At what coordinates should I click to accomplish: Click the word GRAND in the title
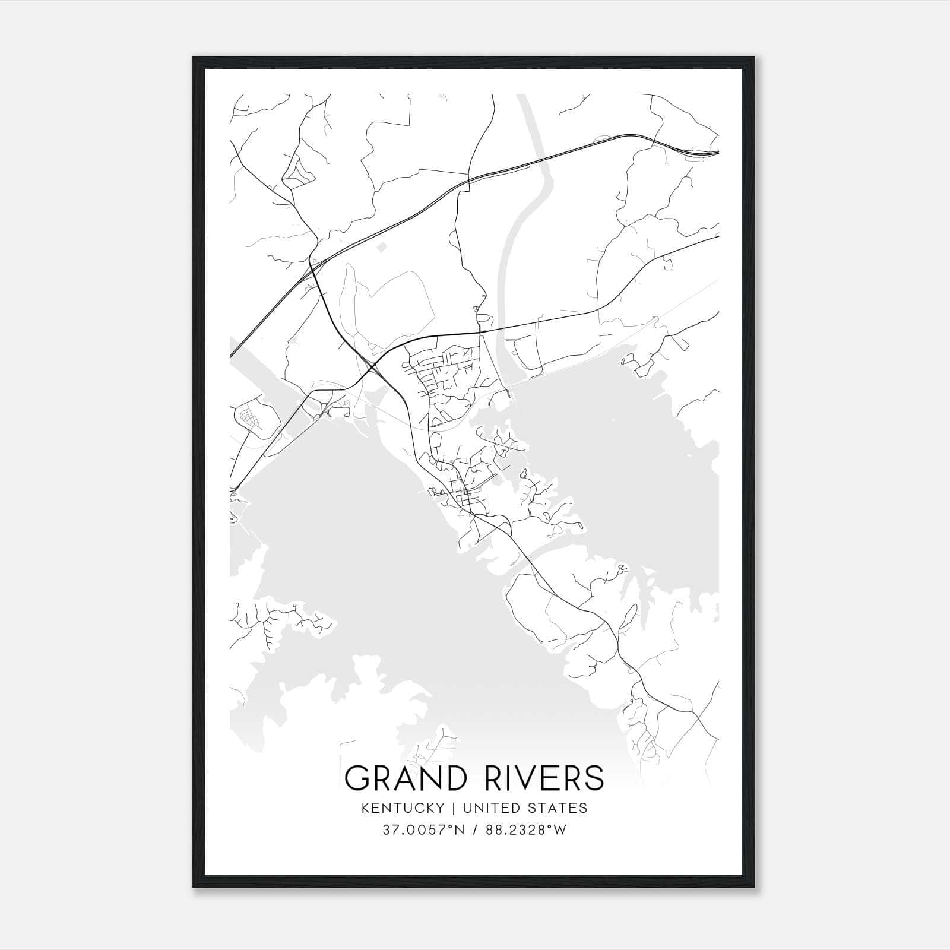click(x=401, y=778)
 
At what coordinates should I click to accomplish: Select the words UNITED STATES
click(x=525, y=808)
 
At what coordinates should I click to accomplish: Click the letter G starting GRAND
click(x=356, y=778)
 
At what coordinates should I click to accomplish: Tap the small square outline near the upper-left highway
click(x=382, y=245)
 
